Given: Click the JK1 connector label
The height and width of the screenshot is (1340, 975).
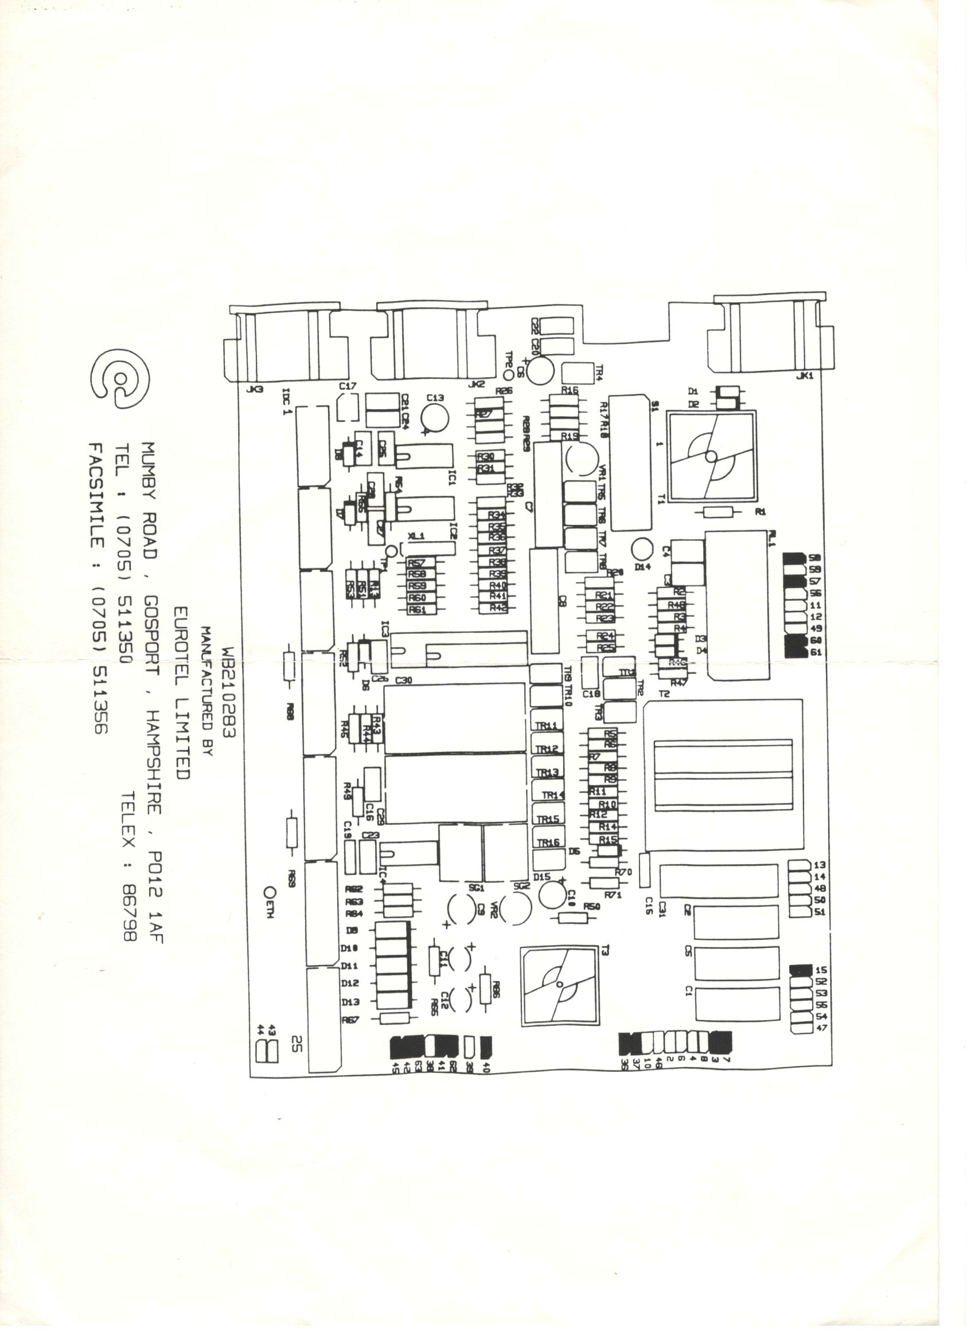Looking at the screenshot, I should pyautogui.click(x=805, y=376).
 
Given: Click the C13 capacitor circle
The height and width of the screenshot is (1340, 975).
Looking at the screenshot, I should pyautogui.click(x=435, y=418).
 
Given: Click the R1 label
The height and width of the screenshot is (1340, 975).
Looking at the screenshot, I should pyautogui.click(x=760, y=512).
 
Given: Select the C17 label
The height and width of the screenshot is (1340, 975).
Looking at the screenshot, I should pyautogui.click(x=348, y=386).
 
